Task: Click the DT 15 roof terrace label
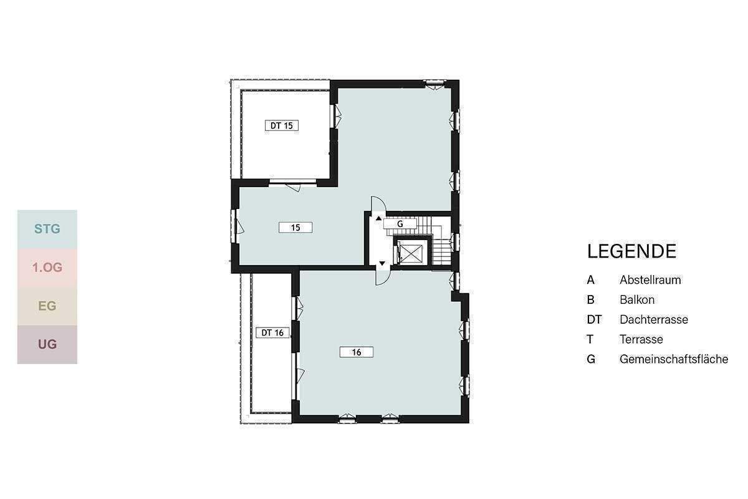click(282, 125)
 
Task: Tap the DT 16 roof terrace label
click(272, 332)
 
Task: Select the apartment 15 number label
click(295, 228)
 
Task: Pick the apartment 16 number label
click(357, 352)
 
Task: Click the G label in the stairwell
click(400, 224)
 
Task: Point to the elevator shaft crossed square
click(411, 253)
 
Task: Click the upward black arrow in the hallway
click(379, 218)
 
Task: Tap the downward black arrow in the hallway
click(382, 263)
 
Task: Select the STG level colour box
click(47, 230)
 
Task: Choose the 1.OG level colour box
click(47, 268)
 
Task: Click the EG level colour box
click(47, 306)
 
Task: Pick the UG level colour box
click(47, 344)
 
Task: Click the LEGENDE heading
click(632, 251)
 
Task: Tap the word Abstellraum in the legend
click(650, 280)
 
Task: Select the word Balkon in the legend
click(637, 300)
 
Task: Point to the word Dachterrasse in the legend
click(654, 319)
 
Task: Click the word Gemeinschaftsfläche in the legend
click(674, 359)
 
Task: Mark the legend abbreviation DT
click(594, 320)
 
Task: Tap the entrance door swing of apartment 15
click(379, 203)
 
